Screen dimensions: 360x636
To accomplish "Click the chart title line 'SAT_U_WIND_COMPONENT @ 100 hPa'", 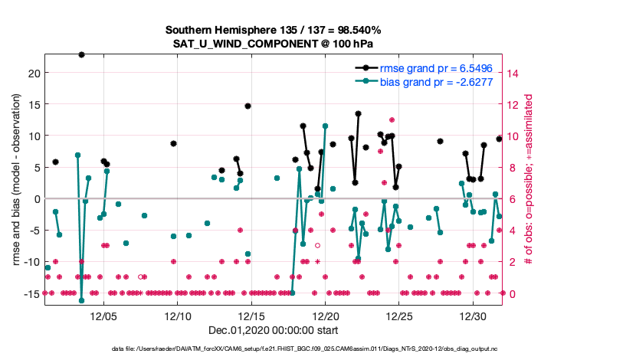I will (x=273, y=44).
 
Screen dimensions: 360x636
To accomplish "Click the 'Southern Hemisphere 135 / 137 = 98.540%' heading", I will (x=273, y=30).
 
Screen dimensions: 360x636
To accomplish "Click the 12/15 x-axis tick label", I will (x=251, y=316).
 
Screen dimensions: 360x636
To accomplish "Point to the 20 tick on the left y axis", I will (x=34, y=73).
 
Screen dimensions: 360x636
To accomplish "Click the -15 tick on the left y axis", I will (x=31, y=293).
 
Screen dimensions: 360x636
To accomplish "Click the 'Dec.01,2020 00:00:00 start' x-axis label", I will (x=273, y=330).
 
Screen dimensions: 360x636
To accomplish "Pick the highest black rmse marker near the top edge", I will (x=81, y=54).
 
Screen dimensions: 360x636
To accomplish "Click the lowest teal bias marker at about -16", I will (x=81, y=300).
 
